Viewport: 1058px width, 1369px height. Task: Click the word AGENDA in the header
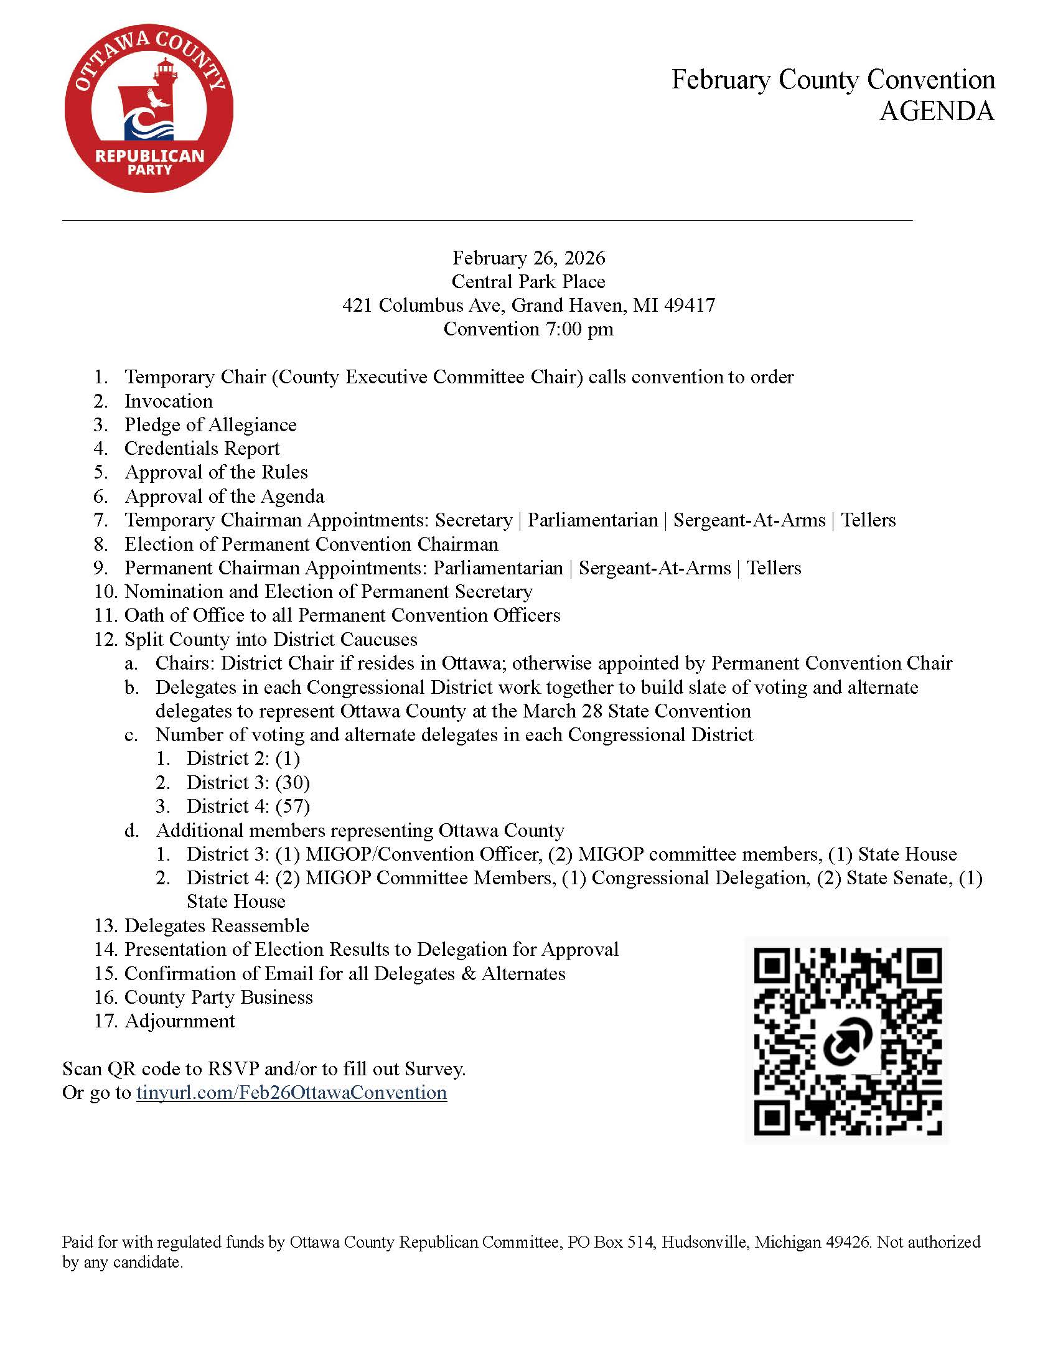(x=937, y=111)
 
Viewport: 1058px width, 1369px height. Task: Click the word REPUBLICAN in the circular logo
(x=150, y=156)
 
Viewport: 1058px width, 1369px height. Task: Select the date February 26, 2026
(x=529, y=258)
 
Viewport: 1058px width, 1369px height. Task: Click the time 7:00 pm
(x=580, y=329)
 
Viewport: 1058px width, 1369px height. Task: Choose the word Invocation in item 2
(x=169, y=401)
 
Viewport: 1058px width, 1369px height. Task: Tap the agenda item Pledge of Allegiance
(x=210, y=424)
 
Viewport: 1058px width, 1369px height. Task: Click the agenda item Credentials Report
(x=202, y=448)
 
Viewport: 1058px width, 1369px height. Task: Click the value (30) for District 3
(x=293, y=782)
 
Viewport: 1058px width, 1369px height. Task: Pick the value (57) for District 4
(x=293, y=806)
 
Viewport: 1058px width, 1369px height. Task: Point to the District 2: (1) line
(x=243, y=759)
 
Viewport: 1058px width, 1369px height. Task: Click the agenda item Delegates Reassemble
(x=217, y=925)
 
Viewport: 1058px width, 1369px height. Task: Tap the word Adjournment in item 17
(x=180, y=1021)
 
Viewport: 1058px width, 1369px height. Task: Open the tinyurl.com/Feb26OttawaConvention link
(x=291, y=1093)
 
